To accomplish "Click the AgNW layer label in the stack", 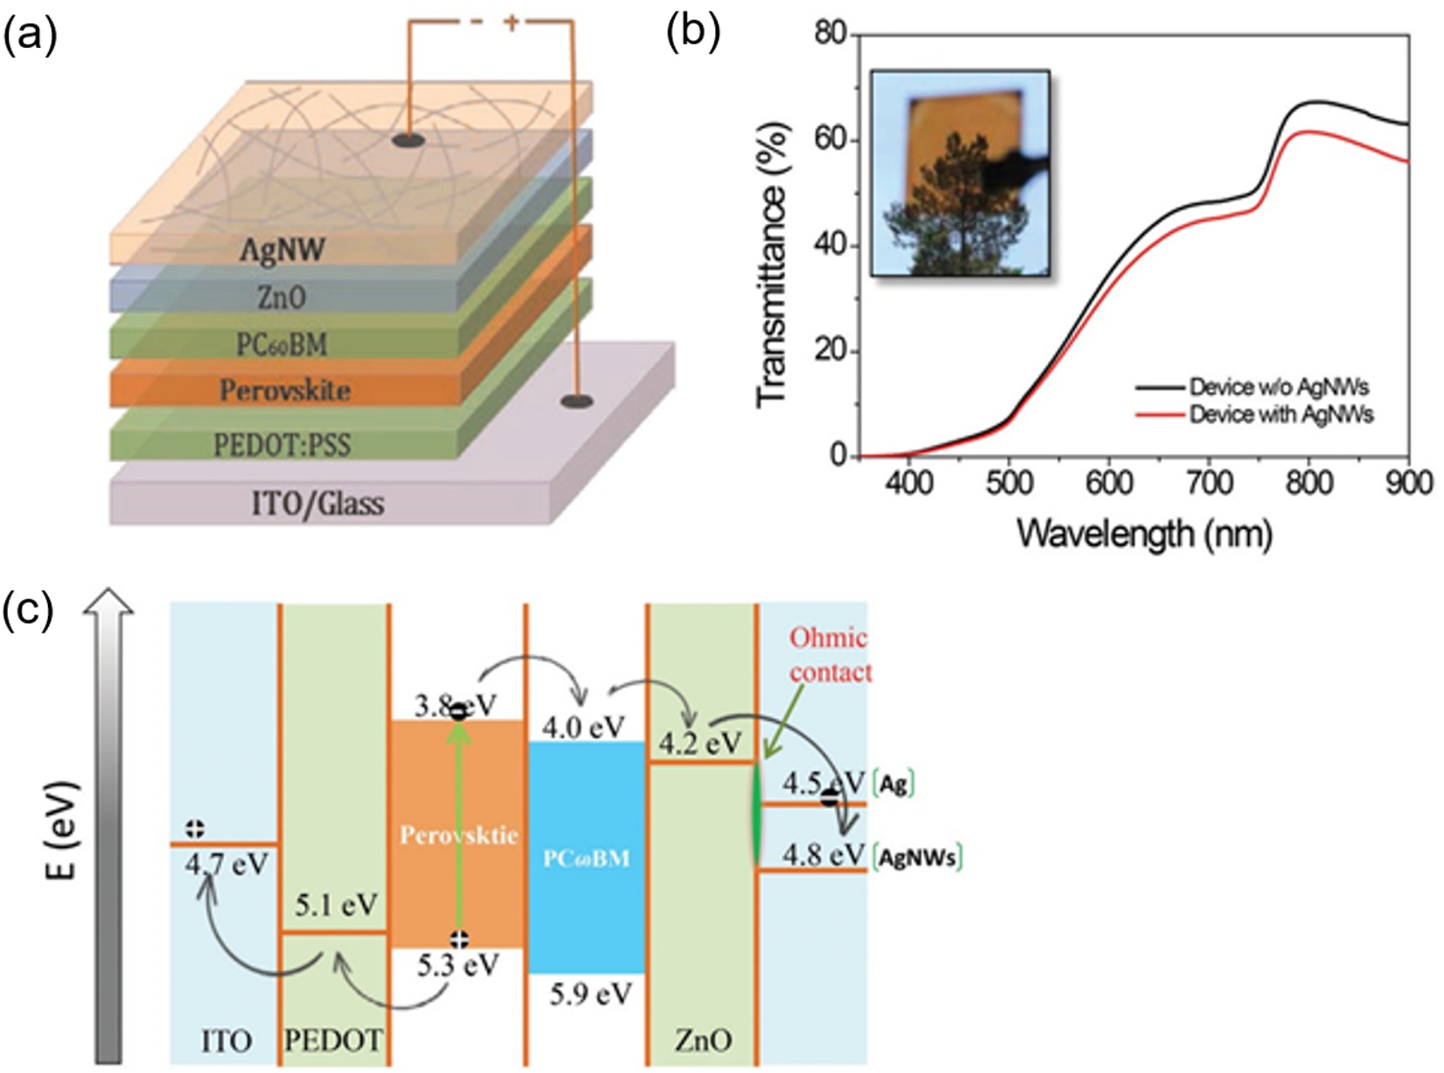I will tap(282, 250).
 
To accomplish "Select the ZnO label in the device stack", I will tap(281, 298).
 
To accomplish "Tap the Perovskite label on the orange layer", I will tap(285, 391).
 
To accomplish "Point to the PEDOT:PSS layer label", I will tap(282, 444).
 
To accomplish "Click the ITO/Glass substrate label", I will tap(318, 503).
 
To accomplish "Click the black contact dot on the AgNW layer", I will tap(408, 141).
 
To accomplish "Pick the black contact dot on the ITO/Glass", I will tap(576, 401).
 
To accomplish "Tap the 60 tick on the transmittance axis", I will tap(830, 140).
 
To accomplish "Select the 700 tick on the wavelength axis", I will tap(1209, 482).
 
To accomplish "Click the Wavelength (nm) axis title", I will tap(1144, 533).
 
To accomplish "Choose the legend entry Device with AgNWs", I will tap(1281, 415).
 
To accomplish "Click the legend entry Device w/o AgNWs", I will tap(1279, 388).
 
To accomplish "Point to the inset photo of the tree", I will tap(959, 173).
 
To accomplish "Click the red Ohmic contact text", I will tap(830, 656).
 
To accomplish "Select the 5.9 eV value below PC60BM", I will tap(590, 994).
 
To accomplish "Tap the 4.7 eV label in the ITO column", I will tap(228, 865).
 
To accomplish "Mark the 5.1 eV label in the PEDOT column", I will tap(336, 905).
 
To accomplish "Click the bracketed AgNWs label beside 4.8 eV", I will tap(918, 857).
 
